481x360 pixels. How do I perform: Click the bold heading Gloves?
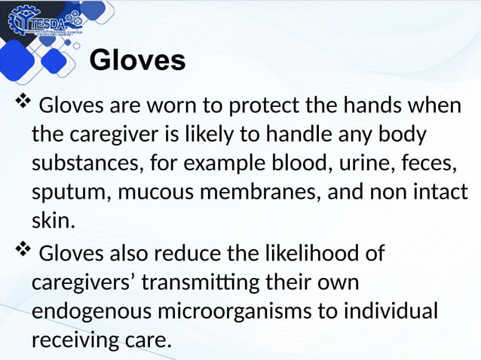pos(137,60)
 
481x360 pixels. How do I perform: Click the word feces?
pos(414,163)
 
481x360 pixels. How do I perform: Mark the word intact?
pos(440,192)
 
